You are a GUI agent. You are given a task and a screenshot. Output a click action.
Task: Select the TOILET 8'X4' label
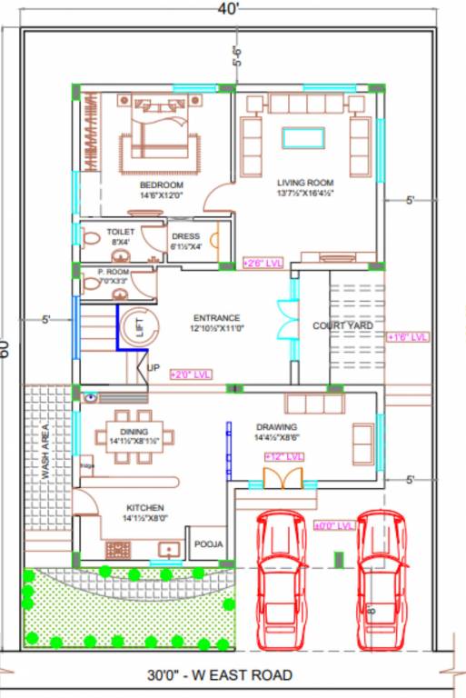click(120, 236)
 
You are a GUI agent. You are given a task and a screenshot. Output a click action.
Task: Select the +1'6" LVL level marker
click(407, 337)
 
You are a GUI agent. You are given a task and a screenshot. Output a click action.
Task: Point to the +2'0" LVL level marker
click(190, 374)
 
